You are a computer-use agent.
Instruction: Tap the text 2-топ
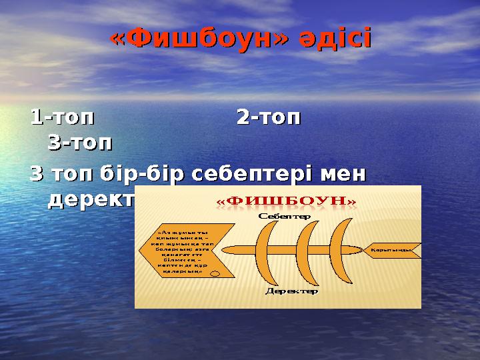pyautogui.click(x=269, y=118)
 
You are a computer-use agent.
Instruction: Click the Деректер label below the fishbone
pyautogui.click(x=291, y=291)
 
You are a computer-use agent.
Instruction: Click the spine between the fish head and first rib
pyautogui.click(x=239, y=250)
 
